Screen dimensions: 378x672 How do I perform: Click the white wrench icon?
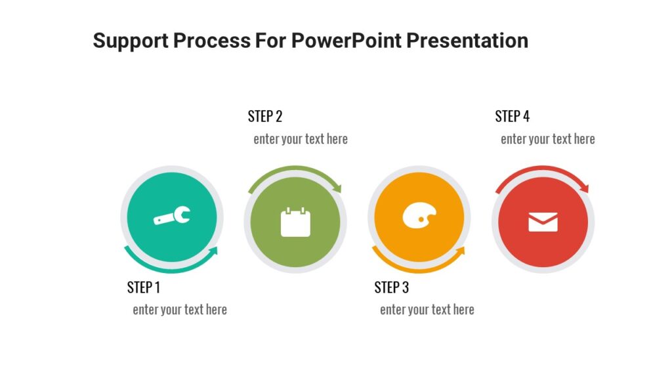point(172,216)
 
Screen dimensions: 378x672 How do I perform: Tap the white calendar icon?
point(295,222)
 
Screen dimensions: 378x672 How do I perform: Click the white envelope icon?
point(543,222)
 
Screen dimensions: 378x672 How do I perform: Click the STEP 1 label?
point(144,287)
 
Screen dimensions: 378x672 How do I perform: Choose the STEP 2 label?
point(265,117)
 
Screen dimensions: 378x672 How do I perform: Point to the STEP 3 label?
point(392,287)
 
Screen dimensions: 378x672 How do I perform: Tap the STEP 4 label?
point(513,117)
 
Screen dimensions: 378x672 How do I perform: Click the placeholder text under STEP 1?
point(180,310)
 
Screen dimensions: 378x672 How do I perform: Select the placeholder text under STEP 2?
point(301,139)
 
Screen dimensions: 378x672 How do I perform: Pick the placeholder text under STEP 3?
point(427,310)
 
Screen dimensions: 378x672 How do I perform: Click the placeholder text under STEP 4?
point(548,139)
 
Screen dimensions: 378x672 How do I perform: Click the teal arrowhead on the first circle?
point(213,252)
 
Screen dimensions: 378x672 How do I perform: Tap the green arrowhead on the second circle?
point(337,188)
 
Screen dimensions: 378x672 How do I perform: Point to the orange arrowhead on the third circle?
point(460,252)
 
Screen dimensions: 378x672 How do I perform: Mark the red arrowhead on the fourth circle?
point(585,188)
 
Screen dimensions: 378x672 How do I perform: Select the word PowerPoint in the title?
point(346,41)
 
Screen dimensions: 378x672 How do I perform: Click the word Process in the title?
point(212,41)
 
